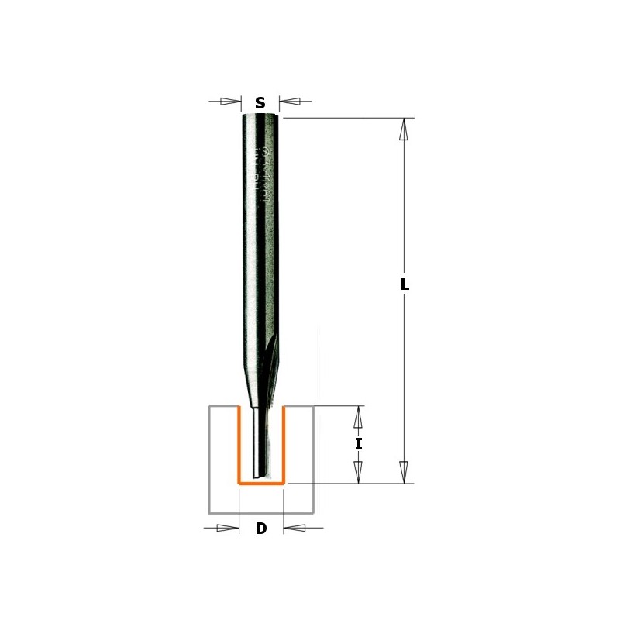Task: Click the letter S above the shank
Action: pos(260,102)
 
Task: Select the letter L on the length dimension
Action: pos(405,284)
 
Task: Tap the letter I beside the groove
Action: pos(358,444)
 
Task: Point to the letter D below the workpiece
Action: pos(261,529)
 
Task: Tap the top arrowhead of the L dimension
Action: pos(403,129)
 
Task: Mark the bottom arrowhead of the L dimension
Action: pos(403,471)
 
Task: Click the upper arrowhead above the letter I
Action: pos(358,418)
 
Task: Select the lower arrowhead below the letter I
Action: pos(358,470)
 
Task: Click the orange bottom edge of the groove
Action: pos(261,483)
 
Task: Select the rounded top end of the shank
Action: pos(260,116)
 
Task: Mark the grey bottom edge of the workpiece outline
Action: pos(261,513)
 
